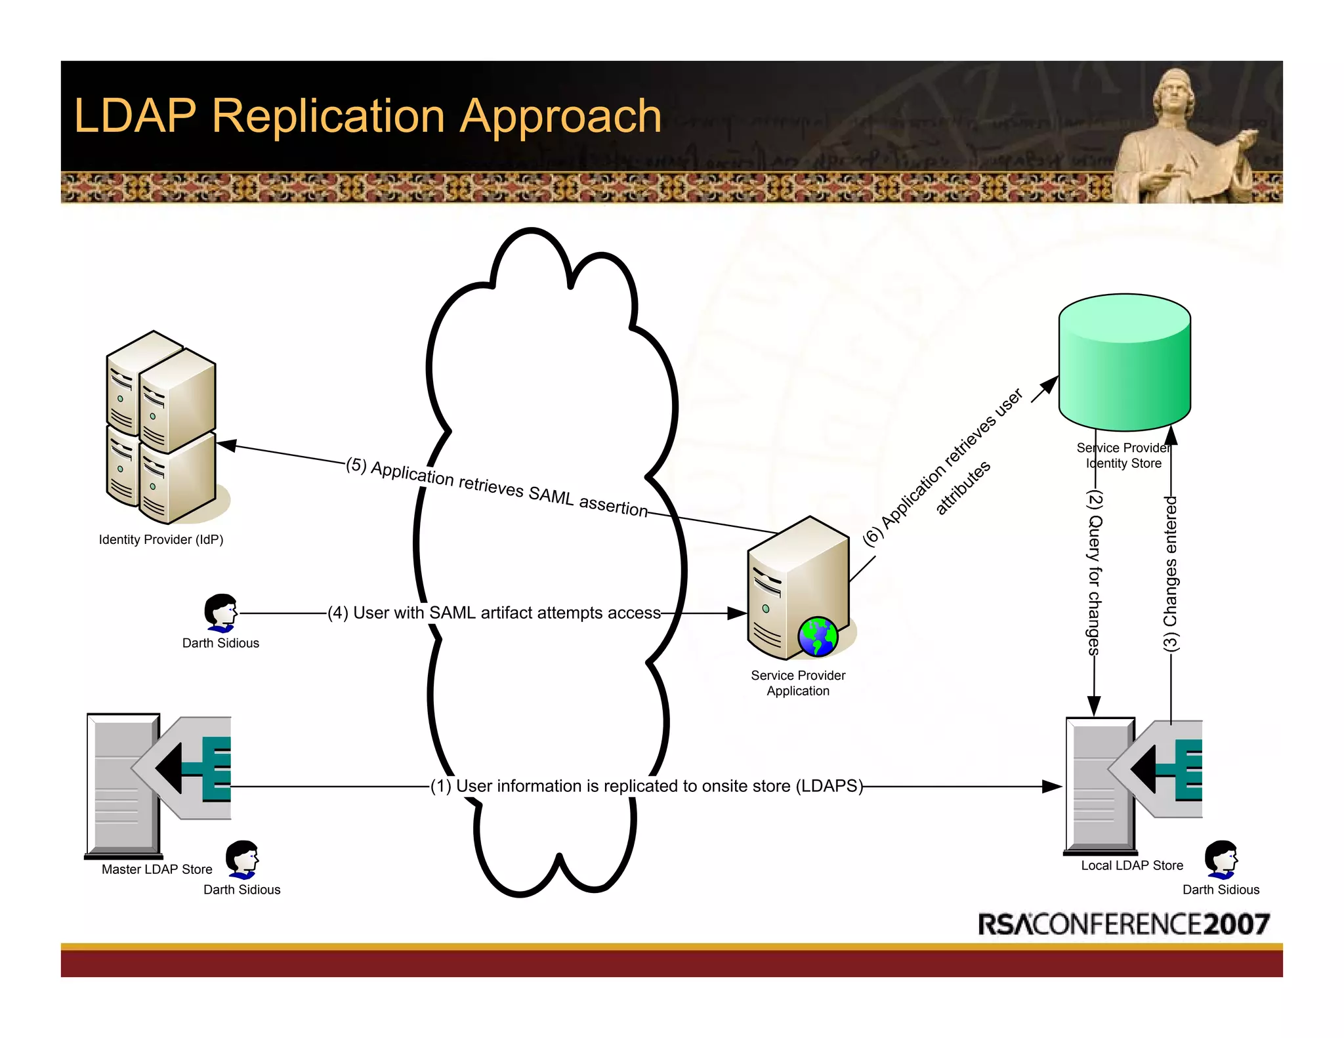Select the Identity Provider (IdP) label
click(x=161, y=539)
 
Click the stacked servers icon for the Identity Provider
click(x=161, y=426)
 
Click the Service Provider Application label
click(x=798, y=683)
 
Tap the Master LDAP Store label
click(x=157, y=869)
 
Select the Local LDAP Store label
click(x=1132, y=865)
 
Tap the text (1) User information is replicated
click(x=646, y=786)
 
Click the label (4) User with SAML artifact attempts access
click(x=494, y=613)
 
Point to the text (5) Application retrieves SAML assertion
click(x=497, y=487)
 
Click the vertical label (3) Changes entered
click(x=1171, y=573)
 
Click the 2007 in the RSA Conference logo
click(x=1237, y=924)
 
